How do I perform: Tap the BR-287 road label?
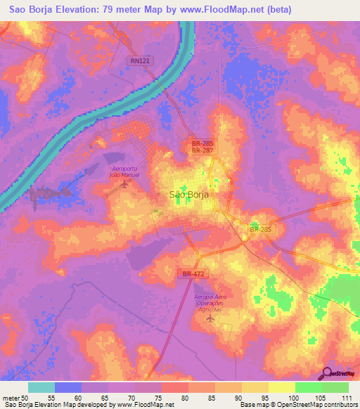[202, 150]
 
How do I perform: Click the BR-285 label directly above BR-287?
[202, 143]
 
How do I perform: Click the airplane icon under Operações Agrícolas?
[209, 319]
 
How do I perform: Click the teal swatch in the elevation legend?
[41, 387]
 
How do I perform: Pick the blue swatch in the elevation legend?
[68, 387]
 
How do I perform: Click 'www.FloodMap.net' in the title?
[214, 9]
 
